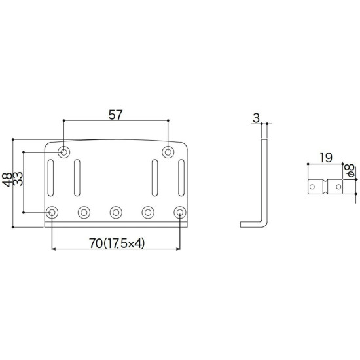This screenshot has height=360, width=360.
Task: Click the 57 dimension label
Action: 115,115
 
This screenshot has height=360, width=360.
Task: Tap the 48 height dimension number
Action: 7,180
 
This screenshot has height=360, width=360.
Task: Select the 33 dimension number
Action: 18,179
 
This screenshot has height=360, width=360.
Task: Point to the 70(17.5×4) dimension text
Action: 117,243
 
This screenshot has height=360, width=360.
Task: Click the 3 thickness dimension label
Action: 256,118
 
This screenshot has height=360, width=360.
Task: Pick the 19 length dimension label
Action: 326,158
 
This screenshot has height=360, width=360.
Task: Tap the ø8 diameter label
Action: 350,171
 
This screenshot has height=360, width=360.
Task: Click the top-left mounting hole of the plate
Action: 64,152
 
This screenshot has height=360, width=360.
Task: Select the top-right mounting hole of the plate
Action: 168,152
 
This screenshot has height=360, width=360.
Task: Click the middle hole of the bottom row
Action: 116,212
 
